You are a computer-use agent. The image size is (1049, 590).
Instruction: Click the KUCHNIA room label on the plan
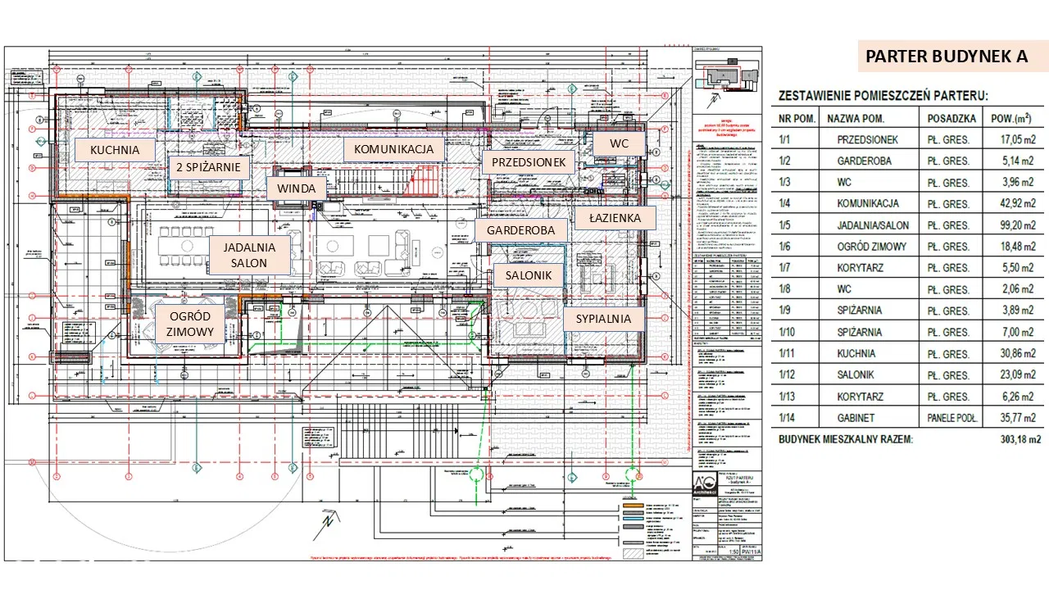115,150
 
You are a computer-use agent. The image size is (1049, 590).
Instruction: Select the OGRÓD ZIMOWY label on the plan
191,324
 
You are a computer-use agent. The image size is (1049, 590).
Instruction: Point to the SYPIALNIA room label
603,318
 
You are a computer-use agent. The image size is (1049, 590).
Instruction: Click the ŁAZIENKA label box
613,218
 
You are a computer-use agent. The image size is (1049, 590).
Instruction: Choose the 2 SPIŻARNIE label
208,168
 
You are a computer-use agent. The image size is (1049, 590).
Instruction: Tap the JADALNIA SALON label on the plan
249,255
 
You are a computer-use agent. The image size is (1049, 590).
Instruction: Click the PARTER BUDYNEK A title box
947,57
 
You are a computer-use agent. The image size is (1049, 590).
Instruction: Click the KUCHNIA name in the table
856,353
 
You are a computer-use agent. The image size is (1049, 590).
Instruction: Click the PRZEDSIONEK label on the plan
529,162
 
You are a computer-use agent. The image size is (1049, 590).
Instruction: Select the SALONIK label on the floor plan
529,276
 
